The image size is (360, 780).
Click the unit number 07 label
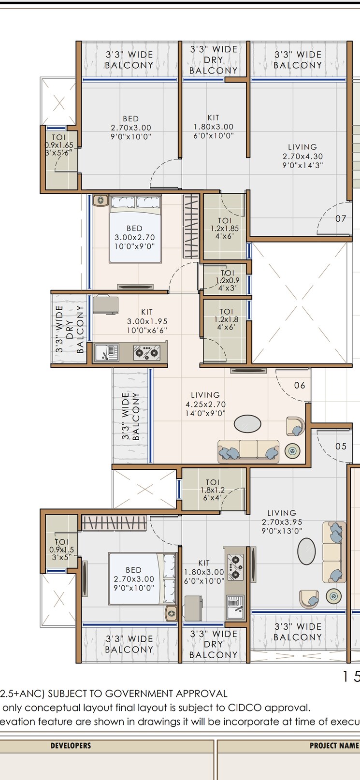(341, 218)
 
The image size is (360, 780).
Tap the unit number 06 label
(300, 385)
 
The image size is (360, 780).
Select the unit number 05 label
(341, 446)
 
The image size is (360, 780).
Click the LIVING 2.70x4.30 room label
(302, 156)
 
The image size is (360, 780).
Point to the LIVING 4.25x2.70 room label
(205, 404)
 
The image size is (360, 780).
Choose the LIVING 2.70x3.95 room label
(282, 521)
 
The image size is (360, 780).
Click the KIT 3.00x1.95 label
(147, 321)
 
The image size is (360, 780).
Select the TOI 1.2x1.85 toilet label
(225, 229)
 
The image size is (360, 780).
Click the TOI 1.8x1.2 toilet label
(213, 490)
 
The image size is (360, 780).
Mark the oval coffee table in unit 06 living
(247, 424)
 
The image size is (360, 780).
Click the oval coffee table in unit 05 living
(306, 551)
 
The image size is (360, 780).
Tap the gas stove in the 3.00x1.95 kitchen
(147, 353)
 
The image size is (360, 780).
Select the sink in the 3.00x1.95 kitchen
(107, 352)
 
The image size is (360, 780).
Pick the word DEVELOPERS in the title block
(71, 746)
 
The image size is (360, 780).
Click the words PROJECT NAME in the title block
(334, 746)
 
